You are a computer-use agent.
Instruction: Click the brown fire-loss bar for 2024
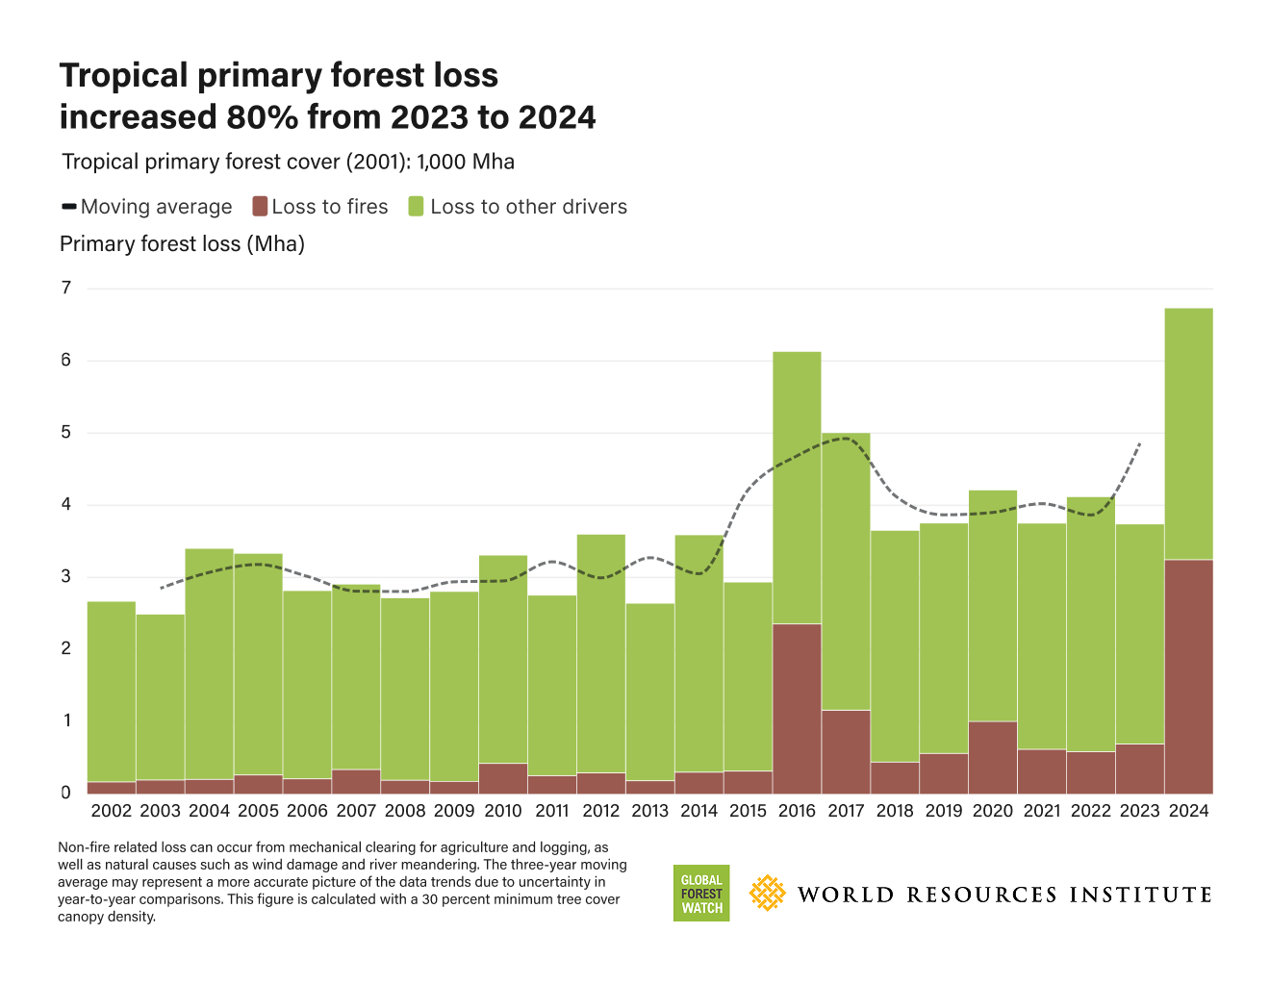tap(1188, 676)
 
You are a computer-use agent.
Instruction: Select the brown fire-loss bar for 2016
tap(797, 708)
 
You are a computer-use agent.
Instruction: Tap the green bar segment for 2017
tap(846, 571)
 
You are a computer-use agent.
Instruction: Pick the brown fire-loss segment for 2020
tap(993, 757)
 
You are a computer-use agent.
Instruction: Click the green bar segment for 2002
tap(112, 692)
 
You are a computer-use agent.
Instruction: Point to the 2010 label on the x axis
tap(503, 811)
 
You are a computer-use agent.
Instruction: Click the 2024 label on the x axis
tap(1188, 811)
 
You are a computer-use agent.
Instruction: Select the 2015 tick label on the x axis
tap(748, 811)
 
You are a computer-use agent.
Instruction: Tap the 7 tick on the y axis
tap(66, 289)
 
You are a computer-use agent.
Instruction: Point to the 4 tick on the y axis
tap(66, 505)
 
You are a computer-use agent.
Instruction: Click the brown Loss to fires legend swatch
tap(259, 207)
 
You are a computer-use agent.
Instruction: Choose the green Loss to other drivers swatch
tap(416, 207)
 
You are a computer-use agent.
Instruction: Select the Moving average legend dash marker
tap(69, 207)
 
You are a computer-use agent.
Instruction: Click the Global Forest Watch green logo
tap(701, 894)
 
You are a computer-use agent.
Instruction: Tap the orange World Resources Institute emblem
tap(767, 894)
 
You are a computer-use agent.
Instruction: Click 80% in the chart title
tap(261, 117)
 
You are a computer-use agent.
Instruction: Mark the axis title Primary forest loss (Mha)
tap(182, 244)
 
